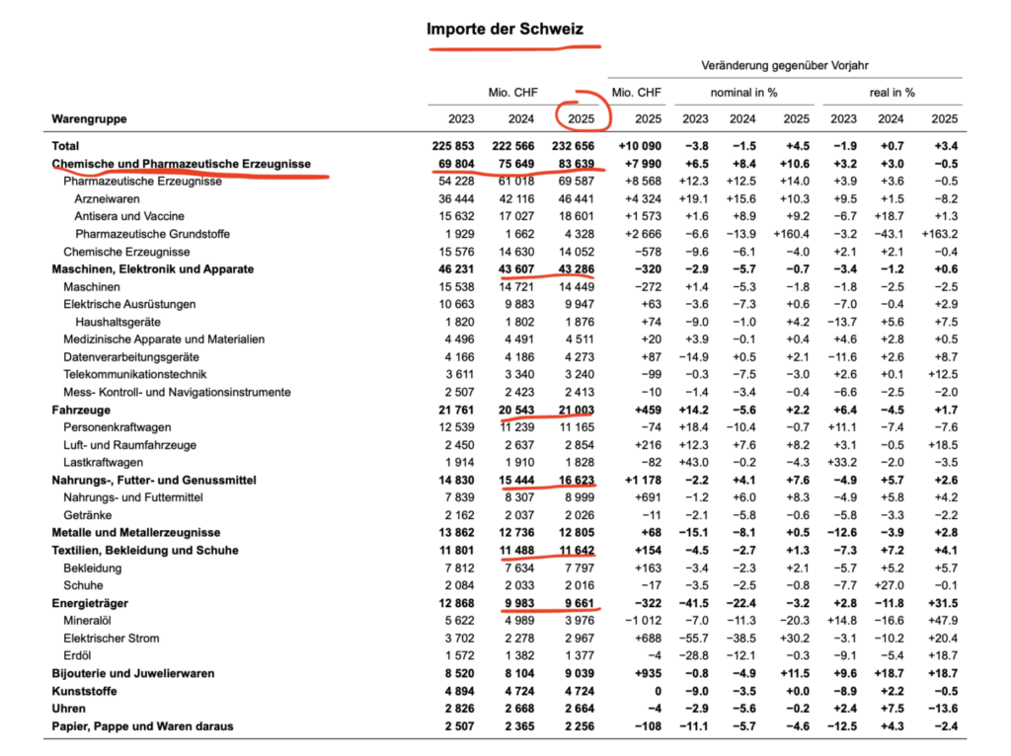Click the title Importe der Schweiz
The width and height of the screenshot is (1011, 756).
click(x=505, y=29)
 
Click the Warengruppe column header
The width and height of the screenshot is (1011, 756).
click(x=90, y=119)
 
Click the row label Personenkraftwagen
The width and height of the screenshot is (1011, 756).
click(x=117, y=427)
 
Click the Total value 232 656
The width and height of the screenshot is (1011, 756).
click(x=577, y=146)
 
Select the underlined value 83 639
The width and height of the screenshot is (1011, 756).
click(x=577, y=164)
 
